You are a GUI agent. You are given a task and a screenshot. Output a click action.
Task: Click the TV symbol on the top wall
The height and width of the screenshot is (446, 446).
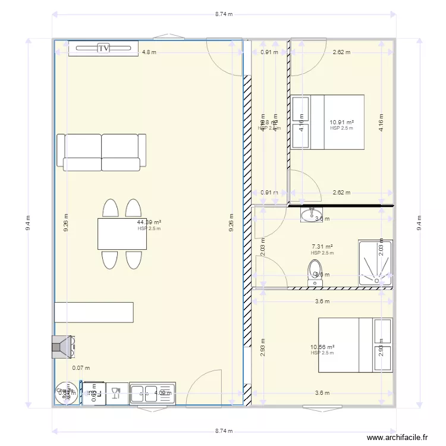point(103,48)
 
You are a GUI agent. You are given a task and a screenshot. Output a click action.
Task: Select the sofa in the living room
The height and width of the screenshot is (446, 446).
point(102,152)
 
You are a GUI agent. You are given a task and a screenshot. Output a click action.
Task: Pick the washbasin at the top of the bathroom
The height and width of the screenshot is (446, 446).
point(311,214)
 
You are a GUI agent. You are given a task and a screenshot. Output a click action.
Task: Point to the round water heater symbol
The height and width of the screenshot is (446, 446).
point(66,394)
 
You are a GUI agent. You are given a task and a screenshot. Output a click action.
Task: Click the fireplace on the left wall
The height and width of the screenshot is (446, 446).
point(62,347)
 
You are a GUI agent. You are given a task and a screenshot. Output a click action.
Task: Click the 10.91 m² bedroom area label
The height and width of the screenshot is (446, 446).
point(342,123)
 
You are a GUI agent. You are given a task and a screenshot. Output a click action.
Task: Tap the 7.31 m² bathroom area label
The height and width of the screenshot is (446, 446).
point(322,247)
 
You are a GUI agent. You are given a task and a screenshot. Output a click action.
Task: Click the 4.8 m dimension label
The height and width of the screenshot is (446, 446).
point(149,52)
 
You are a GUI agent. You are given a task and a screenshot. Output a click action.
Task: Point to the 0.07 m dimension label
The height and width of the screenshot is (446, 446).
point(77,368)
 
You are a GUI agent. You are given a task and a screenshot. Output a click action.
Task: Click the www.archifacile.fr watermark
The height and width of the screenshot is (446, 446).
point(397,437)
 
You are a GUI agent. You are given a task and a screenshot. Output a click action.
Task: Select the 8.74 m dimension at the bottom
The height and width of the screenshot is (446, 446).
point(224,431)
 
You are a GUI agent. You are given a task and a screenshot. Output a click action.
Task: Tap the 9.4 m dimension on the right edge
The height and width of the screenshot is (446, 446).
point(419,223)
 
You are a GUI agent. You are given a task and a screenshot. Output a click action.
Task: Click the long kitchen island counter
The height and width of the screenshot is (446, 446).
point(93,312)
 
